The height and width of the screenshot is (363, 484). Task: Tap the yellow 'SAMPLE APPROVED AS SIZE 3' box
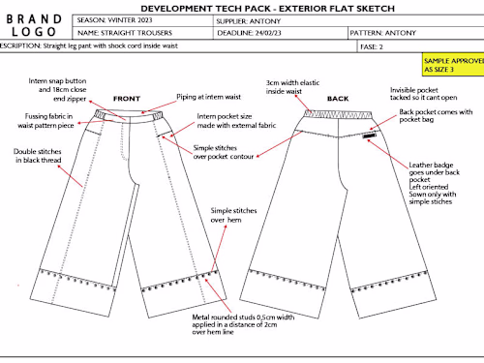(452, 65)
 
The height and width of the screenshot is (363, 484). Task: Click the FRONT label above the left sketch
(127, 98)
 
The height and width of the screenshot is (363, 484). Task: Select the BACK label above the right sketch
(338, 98)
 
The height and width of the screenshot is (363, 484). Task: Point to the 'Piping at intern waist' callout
(205, 98)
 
